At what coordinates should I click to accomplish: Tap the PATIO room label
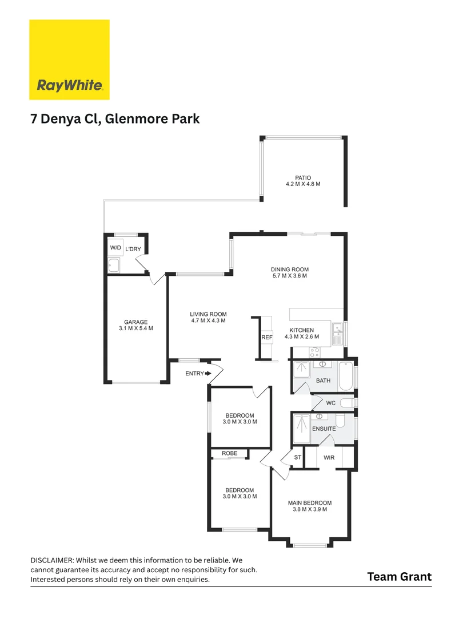302,177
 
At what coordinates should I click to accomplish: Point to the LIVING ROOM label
208,314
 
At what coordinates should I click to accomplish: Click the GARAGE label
135,322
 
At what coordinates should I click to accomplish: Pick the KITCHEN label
301,331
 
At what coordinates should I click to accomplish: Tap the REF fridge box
266,338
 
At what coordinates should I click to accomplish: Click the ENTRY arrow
208,374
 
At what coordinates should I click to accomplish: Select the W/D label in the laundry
115,248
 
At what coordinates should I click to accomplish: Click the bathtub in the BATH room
345,377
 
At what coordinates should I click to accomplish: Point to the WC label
330,403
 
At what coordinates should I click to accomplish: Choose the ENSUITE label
324,428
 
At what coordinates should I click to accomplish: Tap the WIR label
329,457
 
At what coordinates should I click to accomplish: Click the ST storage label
297,457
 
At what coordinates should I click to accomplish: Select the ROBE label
229,453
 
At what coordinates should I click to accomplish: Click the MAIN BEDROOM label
309,503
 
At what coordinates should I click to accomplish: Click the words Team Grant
399,576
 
